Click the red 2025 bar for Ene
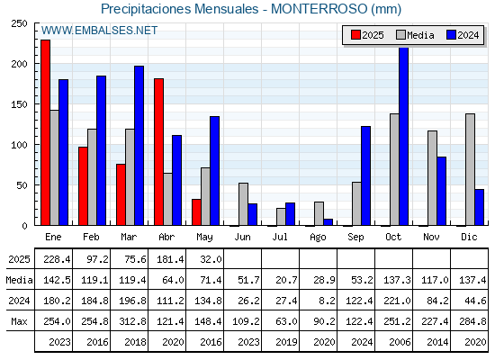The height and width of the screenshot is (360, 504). pos(45,132)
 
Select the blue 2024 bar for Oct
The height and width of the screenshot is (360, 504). pos(404,136)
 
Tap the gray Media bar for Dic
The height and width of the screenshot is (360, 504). pos(470,169)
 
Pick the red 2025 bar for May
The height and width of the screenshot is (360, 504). pos(196,212)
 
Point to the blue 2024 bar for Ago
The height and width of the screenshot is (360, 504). pos(328,222)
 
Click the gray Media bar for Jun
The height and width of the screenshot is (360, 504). pos(243,204)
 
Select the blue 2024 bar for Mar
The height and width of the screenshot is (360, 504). pos(139,146)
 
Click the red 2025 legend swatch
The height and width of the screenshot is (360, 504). pos(355,35)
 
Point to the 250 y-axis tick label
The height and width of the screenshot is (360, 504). pos(19,23)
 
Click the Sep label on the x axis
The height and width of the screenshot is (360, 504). pos(355,238)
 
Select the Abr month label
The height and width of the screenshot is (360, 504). pos(166,238)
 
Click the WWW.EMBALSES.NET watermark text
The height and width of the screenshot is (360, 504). pos(99,31)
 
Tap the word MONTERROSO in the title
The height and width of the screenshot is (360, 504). pos(319,9)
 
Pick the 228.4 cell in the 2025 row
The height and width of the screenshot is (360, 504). pos(57,259)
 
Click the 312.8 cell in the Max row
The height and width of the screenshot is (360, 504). pos(132,321)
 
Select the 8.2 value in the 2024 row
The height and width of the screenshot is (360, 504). pos(327,301)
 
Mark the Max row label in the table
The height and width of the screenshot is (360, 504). pos(19,321)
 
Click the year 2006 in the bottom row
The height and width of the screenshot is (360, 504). pos(400,342)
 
